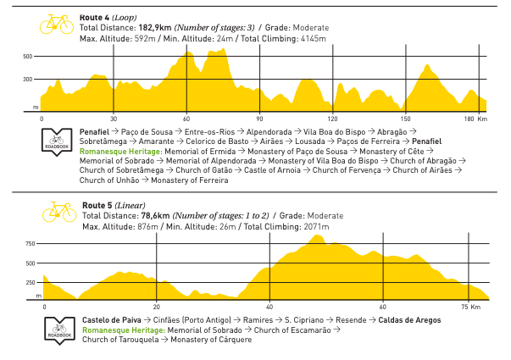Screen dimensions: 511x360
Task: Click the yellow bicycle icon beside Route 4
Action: coord(57,24)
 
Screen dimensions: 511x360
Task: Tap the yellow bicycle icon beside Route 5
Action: coord(59,212)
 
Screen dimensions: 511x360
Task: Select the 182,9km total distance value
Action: coord(155,28)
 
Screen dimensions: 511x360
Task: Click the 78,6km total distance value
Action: coord(155,216)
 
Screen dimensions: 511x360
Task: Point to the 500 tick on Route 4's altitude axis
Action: coord(28,57)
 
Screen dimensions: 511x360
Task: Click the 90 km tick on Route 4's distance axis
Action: coord(259,119)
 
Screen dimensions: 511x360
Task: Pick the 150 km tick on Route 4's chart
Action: coord(405,119)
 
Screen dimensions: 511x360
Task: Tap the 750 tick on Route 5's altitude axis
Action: coord(31,244)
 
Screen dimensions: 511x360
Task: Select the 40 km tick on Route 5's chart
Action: coord(269,307)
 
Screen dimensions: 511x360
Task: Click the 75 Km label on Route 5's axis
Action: coord(471,307)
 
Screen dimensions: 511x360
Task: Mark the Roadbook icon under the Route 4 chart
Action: coord(57,142)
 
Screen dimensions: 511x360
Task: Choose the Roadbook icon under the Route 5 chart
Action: coord(59,330)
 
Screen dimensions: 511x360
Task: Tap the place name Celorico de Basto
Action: coord(217,141)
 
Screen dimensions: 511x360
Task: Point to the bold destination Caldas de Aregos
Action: coord(409,320)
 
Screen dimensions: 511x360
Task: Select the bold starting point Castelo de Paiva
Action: coord(112,320)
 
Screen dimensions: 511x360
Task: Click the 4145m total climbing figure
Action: coord(314,39)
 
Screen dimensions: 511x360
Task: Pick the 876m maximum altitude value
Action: coord(147,227)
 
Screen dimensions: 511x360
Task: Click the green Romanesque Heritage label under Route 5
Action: coord(124,330)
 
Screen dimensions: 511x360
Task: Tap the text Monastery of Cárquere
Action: coord(211,340)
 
